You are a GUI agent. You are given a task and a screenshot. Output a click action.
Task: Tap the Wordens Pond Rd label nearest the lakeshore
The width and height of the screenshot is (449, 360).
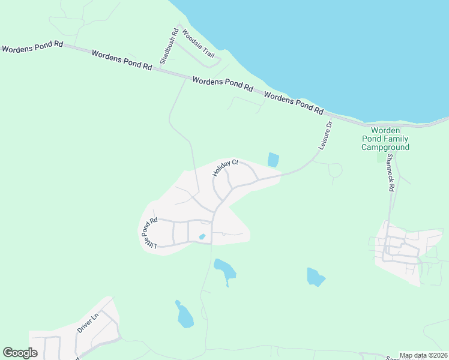294,103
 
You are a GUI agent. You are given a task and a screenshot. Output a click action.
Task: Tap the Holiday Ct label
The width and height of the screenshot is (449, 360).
226,167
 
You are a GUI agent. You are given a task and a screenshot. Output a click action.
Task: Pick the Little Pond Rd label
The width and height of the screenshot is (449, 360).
149,233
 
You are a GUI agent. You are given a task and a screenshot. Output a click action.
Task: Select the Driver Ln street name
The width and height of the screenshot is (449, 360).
88,323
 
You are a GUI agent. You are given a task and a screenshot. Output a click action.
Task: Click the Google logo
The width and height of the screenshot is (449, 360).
20,353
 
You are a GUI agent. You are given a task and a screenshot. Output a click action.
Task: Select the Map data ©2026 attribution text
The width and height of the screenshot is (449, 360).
423,355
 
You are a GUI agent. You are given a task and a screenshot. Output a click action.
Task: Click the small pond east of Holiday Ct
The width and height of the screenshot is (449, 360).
273,160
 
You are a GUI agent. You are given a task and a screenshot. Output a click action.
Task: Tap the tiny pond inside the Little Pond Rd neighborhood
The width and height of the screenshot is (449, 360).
202,237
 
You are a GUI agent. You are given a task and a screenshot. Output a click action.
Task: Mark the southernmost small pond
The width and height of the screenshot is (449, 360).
184,316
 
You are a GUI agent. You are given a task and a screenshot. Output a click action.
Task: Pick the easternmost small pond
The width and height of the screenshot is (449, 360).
315,277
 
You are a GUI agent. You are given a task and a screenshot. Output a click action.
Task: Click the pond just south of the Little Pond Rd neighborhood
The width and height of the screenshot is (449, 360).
224,271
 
